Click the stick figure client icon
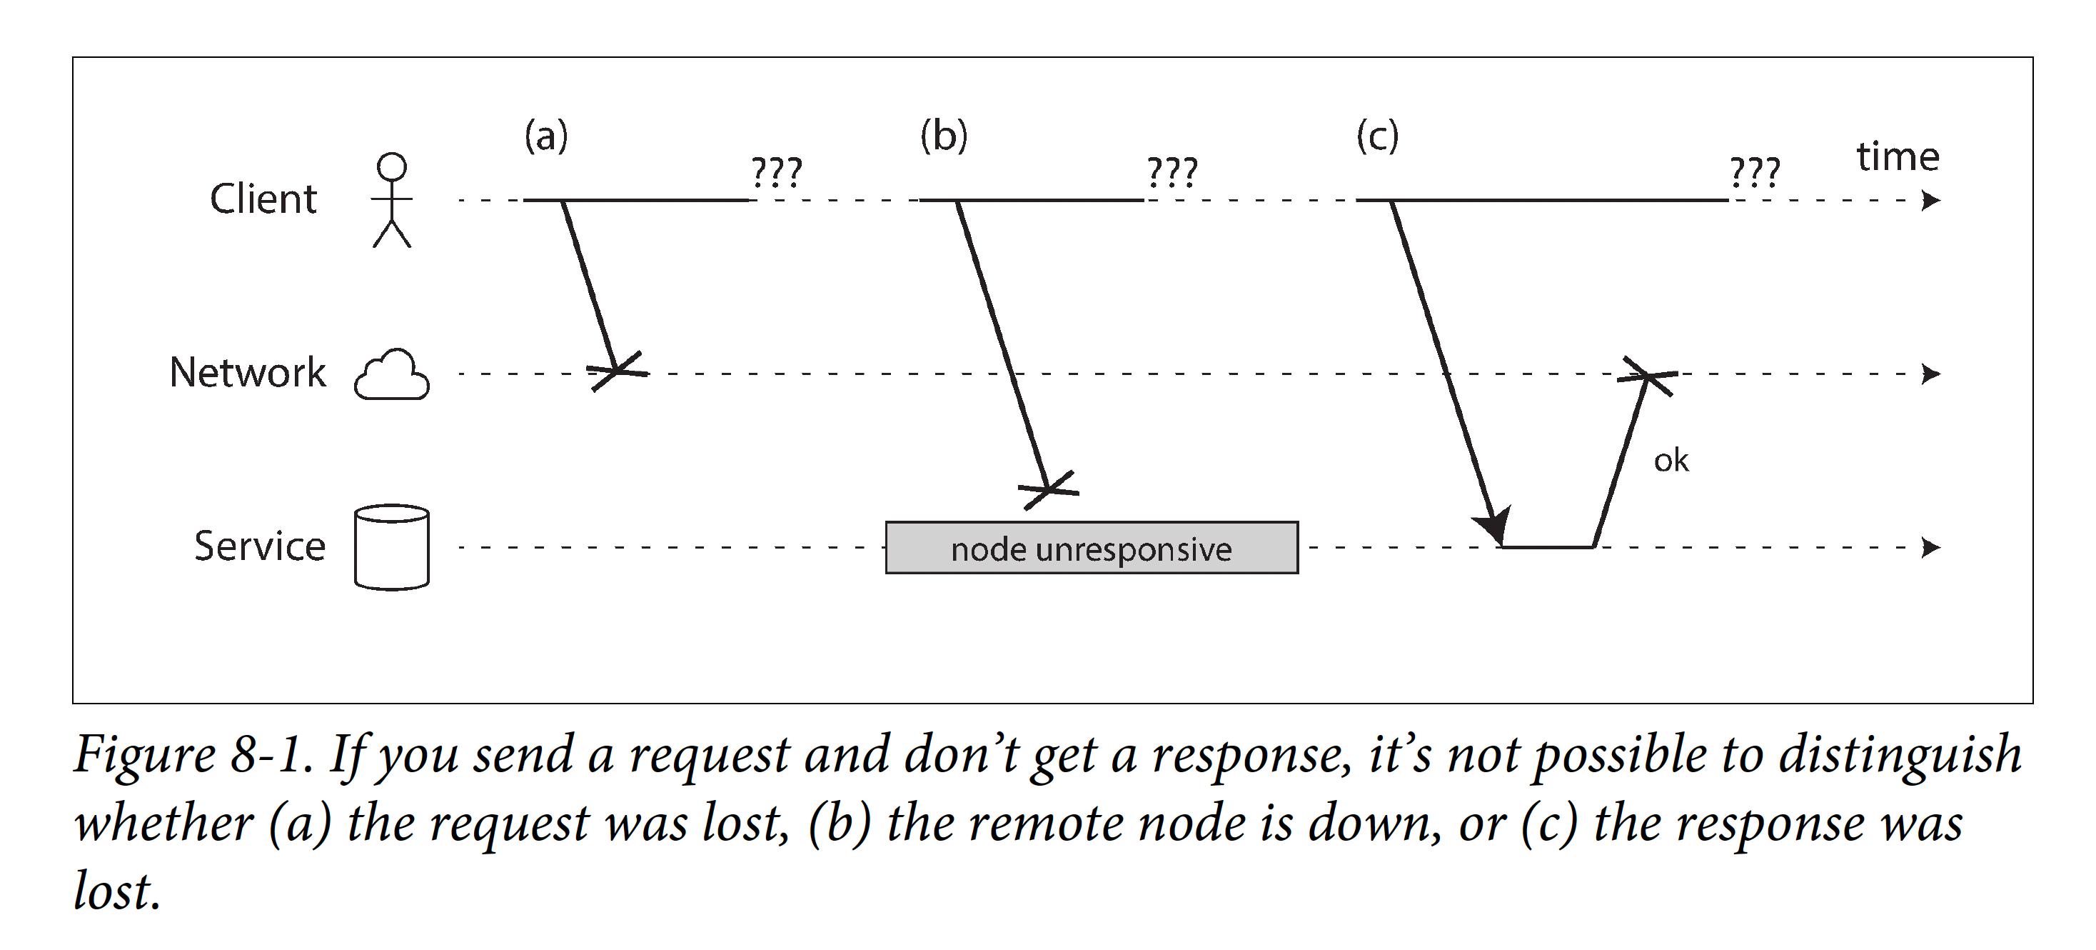392,200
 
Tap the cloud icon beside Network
392,374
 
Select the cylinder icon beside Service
392,547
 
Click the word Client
263,199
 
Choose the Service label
260,546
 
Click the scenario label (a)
546,136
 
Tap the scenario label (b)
944,136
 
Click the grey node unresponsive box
1092,548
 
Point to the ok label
1671,461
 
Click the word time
1898,156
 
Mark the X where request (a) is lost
618,371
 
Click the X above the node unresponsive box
1049,490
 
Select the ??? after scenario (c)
1755,173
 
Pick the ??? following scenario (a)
776,173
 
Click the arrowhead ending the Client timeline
1932,200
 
